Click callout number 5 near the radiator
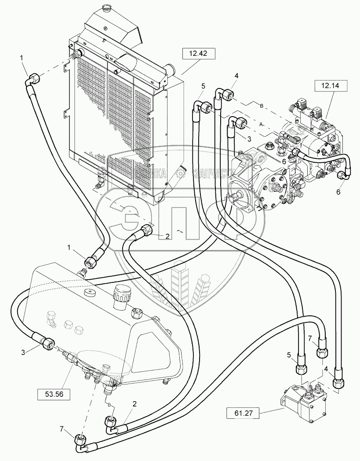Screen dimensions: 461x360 point(204,85)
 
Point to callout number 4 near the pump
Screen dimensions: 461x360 point(236,76)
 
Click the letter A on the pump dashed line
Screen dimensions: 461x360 point(262,124)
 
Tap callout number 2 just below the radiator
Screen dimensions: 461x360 point(167,236)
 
